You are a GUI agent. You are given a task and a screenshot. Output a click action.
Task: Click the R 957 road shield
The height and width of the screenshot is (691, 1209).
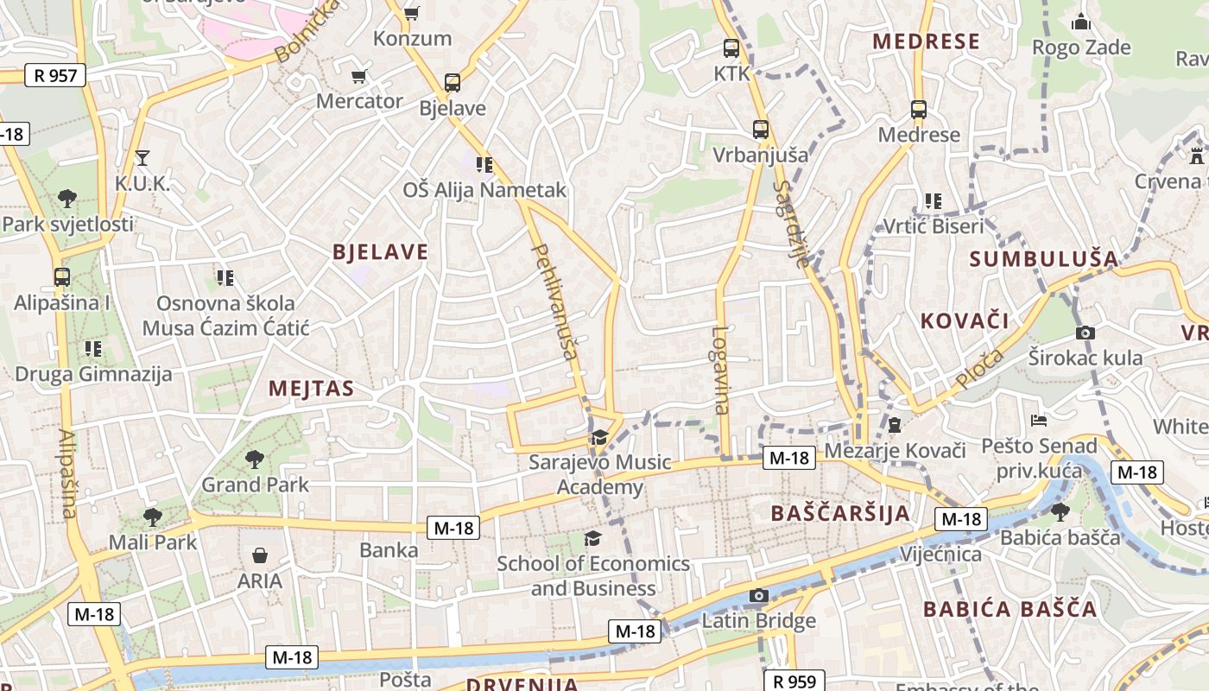click(55, 75)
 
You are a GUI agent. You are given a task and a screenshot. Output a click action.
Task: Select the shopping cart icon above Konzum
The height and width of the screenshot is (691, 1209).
click(412, 13)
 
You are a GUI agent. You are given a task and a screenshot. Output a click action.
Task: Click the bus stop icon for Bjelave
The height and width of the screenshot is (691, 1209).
click(453, 83)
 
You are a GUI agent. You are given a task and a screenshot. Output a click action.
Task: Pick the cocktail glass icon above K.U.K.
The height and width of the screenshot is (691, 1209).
click(142, 158)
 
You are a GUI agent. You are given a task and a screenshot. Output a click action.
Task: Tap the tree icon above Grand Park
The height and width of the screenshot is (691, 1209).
click(254, 459)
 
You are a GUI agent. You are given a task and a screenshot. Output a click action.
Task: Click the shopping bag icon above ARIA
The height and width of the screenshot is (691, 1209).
click(260, 555)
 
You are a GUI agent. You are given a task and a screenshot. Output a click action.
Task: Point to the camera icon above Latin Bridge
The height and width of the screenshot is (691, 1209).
click(759, 595)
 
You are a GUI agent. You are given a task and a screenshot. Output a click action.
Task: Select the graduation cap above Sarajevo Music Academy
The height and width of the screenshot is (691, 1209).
click(599, 438)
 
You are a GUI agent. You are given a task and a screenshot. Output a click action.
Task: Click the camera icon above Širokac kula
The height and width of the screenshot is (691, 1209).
click(1086, 333)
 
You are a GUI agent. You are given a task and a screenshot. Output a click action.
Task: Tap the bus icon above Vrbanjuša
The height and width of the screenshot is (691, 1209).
click(761, 130)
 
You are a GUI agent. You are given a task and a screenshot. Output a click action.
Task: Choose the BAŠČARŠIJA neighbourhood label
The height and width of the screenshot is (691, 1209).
click(840, 513)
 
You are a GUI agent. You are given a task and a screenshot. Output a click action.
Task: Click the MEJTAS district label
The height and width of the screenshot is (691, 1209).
click(311, 389)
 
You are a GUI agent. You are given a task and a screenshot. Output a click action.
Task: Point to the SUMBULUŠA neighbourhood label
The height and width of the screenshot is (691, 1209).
click(1043, 259)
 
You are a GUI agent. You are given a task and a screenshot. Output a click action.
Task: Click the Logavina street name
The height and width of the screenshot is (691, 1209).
click(721, 370)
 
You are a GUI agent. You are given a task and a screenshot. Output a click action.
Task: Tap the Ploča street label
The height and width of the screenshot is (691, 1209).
click(980, 368)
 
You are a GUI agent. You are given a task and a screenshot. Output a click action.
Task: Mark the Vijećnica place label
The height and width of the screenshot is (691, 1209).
click(940, 554)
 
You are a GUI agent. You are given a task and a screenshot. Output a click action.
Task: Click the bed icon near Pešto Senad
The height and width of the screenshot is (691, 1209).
click(1040, 421)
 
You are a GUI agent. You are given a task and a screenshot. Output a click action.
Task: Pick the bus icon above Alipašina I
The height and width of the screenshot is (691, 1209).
click(62, 277)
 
